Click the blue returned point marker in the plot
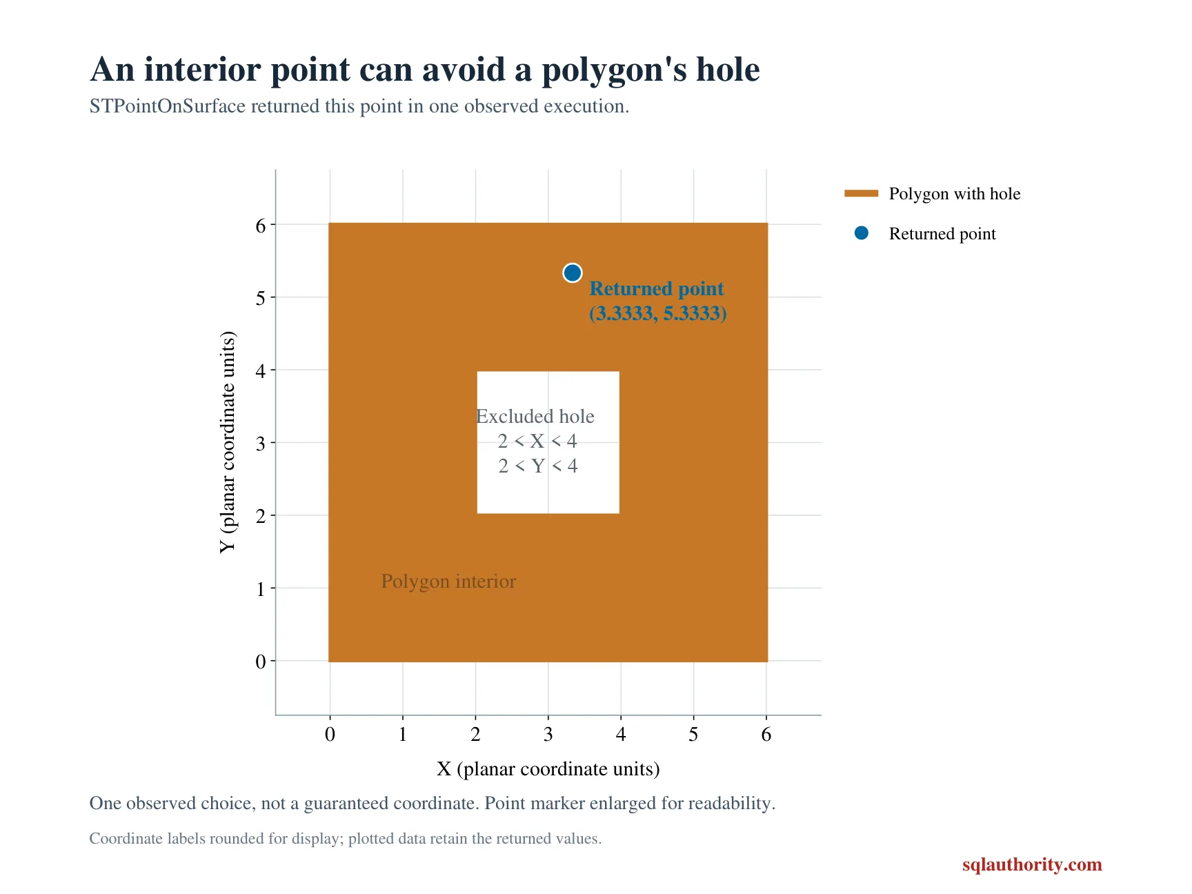tap(572, 273)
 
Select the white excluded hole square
tap(548, 442)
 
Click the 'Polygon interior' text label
tap(448, 582)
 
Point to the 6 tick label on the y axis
tap(261, 226)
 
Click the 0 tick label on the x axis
tap(330, 734)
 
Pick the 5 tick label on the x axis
tap(693, 734)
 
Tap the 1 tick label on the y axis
tap(261, 589)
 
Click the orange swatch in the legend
tap(861, 194)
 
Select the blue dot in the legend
tap(861, 233)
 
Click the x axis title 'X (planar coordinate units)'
tap(548, 769)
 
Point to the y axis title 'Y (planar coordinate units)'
tap(228, 442)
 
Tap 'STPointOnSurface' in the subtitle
tap(168, 106)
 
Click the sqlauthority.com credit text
tap(1032, 865)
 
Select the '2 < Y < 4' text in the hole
tap(538, 466)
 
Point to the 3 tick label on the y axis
tap(261, 444)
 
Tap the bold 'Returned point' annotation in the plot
tap(657, 288)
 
